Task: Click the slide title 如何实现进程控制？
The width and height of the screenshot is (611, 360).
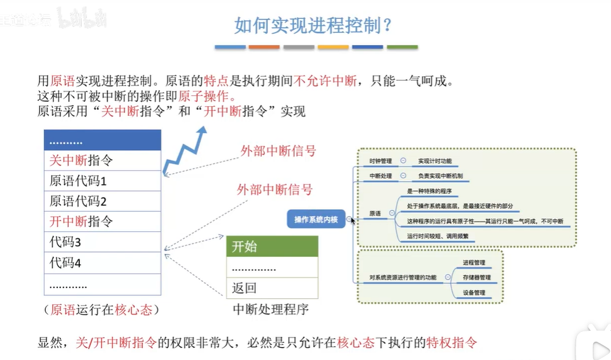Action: coord(313,26)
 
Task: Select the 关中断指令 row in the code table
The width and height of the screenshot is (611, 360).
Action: coord(103,161)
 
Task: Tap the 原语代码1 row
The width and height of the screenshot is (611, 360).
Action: coord(103,181)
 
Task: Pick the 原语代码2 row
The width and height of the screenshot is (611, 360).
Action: coord(103,201)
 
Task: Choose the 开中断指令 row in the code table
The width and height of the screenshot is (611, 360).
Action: coord(103,221)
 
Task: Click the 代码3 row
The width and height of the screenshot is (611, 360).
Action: coord(103,242)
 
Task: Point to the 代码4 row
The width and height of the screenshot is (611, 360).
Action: coord(103,263)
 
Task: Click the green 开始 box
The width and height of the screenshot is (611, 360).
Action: coord(272,247)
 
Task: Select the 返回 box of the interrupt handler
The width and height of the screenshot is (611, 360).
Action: coord(272,287)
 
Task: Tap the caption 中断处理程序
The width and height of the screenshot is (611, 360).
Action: coord(270,309)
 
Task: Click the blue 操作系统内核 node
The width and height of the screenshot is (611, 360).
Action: coord(316,220)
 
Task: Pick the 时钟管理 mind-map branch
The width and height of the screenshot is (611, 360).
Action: coord(381,161)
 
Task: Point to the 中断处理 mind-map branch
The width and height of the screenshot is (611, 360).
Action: coord(381,176)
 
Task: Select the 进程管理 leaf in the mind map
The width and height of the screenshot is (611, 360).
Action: coord(474,262)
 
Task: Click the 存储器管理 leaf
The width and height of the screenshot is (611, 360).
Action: coord(477,277)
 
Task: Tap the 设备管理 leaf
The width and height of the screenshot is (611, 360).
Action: coord(474,292)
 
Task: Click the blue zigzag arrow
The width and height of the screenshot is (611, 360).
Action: coord(185,150)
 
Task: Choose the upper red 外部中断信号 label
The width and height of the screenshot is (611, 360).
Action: coord(278,151)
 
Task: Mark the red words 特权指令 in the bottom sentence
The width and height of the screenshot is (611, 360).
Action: coord(451,343)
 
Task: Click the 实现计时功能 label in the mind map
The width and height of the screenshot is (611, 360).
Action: coord(435,161)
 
